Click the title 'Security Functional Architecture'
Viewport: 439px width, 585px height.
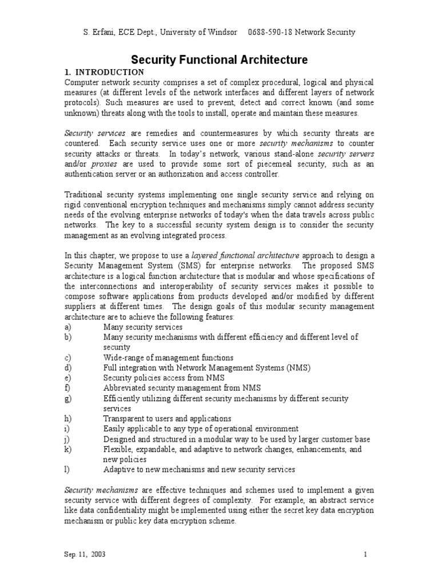coord(219,59)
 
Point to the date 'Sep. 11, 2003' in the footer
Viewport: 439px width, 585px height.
coord(84,555)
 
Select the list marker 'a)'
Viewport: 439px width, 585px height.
coord(67,327)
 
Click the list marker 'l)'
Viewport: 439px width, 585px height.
coord(66,470)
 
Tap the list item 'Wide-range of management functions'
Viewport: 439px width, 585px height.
coord(168,358)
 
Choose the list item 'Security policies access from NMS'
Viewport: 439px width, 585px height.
coord(163,378)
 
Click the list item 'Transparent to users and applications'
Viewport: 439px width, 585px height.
coord(167,419)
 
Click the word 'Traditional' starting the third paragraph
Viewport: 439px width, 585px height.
coord(82,194)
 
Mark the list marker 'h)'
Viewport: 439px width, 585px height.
coord(67,419)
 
